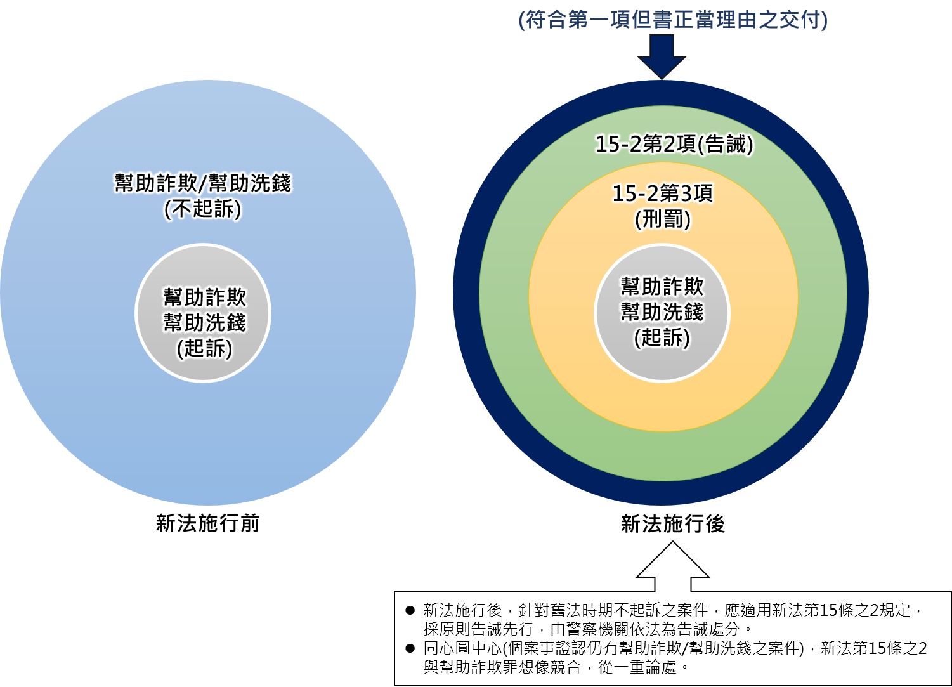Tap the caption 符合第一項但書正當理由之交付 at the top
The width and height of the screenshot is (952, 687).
[x=673, y=20]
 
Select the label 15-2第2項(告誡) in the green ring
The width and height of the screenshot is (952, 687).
[x=674, y=145]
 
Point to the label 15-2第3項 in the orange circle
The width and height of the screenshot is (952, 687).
[x=662, y=193]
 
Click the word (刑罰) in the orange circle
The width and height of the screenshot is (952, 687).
[x=662, y=219]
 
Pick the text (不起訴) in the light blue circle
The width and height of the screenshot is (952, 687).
[x=203, y=209]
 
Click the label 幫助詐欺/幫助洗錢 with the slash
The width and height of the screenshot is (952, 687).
[x=203, y=183]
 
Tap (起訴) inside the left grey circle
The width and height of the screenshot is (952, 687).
[x=204, y=348]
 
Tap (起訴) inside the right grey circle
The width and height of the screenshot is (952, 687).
[x=662, y=337]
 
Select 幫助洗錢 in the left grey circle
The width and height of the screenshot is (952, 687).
[x=204, y=322]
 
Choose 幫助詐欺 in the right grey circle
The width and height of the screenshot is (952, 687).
[x=662, y=286]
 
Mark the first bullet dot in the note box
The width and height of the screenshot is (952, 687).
[x=410, y=610]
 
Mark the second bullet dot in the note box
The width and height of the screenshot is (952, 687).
[x=410, y=648]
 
